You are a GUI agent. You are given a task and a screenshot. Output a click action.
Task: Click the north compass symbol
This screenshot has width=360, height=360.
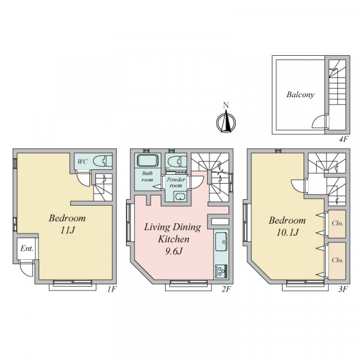point(226,122)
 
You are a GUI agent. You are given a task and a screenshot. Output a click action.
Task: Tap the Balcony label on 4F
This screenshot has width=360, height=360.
point(301,95)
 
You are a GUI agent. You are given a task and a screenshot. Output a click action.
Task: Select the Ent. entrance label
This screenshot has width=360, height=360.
point(27,248)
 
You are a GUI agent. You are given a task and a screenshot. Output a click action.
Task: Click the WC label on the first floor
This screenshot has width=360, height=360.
point(82,161)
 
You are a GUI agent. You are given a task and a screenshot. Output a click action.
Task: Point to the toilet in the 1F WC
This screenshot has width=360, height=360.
point(103,161)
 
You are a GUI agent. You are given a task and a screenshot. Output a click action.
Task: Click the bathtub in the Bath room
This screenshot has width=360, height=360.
point(148,160)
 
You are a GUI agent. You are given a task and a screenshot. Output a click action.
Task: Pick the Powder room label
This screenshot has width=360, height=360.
point(176,182)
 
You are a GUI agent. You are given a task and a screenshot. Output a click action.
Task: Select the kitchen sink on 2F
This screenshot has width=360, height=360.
point(221,242)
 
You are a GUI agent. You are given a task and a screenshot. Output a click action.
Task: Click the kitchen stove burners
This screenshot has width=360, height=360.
point(221,271)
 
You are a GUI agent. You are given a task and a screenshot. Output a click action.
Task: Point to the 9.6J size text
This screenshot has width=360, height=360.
point(173,251)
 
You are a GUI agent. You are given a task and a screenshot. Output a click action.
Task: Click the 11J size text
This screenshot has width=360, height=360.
point(67,230)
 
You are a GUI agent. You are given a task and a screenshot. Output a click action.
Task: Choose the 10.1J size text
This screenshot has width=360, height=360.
point(287,232)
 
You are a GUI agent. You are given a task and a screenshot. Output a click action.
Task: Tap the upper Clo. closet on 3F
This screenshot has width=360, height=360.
point(337,224)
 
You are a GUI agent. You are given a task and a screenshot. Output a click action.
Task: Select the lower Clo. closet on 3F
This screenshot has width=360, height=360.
point(337,261)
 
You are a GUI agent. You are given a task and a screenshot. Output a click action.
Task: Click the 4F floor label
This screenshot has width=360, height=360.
point(344,139)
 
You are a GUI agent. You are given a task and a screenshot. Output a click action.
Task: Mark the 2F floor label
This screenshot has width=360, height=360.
point(226,289)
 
